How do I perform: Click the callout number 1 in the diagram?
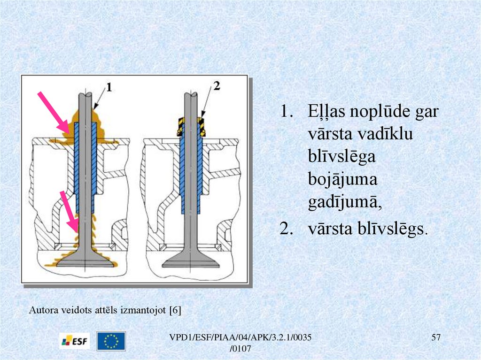[109, 87]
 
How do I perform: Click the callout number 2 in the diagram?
[217, 86]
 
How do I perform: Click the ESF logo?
[74, 340]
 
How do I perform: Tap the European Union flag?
[111, 341]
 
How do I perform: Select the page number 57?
[435, 337]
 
